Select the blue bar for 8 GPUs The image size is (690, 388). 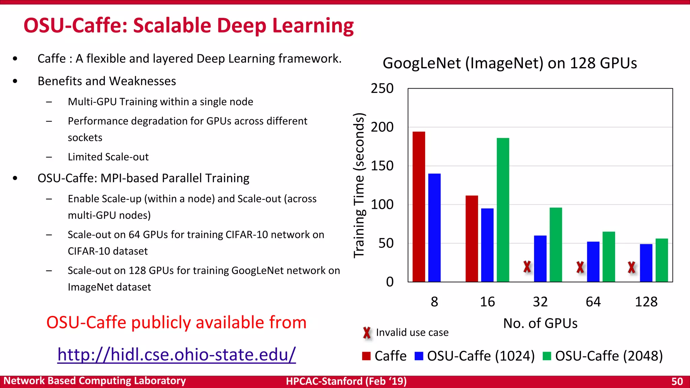[x=434, y=228]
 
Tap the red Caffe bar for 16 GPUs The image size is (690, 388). [x=472, y=238]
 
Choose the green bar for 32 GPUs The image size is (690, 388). [x=556, y=245]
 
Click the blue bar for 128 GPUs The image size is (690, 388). [x=646, y=263]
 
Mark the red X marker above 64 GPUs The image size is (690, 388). [x=580, y=267]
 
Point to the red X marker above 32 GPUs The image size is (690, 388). [x=527, y=267]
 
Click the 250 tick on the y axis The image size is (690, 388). [x=382, y=89]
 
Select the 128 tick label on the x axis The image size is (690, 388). [x=646, y=302]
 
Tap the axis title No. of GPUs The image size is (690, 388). [x=540, y=323]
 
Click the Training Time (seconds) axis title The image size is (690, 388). [x=359, y=185]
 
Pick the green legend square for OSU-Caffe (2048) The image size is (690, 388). [x=547, y=356]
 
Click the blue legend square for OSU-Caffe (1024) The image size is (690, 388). [x=419, y=356]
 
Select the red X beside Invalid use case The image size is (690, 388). [x=367, y=333]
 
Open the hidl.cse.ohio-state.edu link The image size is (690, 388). [x=177, y=355]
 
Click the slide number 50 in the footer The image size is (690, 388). [x=677, y=381]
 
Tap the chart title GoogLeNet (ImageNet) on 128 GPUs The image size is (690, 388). [x=509, y=63]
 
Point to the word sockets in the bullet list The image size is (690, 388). [x=85, y=138]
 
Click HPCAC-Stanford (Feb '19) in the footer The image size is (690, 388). [x=346, y=381]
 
